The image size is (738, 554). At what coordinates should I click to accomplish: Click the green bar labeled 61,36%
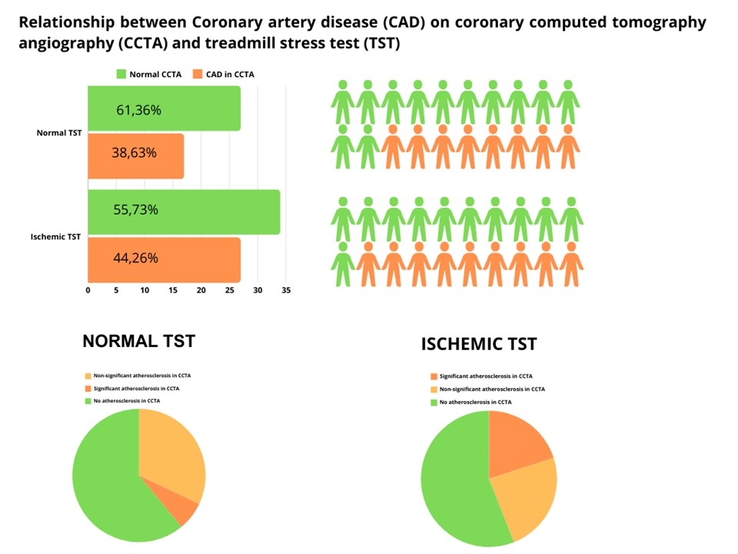coord(164,108)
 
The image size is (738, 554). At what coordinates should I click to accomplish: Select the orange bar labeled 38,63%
coord(135,156)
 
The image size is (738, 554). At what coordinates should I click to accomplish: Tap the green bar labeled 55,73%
coord(184,212)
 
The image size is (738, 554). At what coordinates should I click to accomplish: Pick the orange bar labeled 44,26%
coord(164,259)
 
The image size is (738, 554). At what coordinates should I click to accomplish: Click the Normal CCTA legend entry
coord(148,75)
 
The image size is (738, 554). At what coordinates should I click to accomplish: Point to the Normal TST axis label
coord(58,133)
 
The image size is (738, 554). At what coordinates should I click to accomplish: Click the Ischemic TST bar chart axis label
coord(55,236)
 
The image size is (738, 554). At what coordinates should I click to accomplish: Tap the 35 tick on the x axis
coord(286,291)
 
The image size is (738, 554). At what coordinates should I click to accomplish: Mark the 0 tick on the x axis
coord(88,291)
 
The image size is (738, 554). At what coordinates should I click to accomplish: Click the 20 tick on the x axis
coord(201,291)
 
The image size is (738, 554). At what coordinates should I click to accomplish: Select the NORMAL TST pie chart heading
coord(138,341)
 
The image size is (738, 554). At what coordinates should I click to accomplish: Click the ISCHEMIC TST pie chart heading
coord(478,344)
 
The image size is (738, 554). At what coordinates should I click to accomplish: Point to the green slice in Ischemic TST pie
coord(454,485)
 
